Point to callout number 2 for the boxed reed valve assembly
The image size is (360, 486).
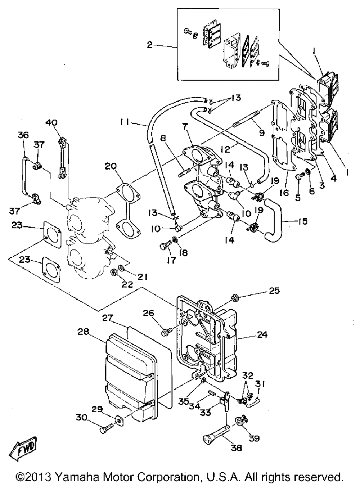coord(150,45)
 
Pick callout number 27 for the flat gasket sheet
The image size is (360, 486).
coord(108,318)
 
